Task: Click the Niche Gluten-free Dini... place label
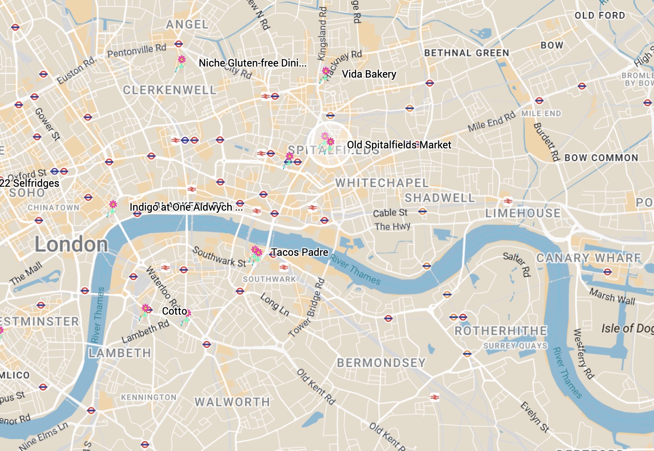pos(252,63)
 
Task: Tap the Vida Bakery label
pos(369,74)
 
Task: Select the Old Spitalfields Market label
pos(399,145)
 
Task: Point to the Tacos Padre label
pos(299,252)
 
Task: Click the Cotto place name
pos(174,311)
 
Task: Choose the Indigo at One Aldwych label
pos(186,207)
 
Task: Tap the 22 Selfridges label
pos(29,183)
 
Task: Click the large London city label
pos(71,245)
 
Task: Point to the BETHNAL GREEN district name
pos(466,53)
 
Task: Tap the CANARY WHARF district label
pos(588,258)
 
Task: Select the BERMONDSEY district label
pos(381,363)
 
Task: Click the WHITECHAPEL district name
pos(382,183)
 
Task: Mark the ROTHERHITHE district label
pos(501,331)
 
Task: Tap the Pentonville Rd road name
pos(136,51)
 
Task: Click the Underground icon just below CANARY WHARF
pos(608,272)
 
